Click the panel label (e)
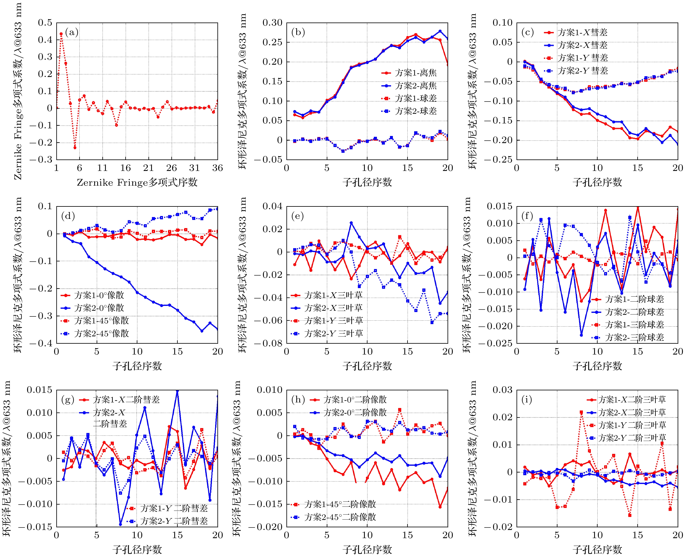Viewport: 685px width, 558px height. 297,216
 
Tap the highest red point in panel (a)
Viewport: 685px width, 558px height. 61,34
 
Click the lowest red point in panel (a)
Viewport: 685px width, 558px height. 75,148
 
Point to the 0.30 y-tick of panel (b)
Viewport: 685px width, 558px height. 272,23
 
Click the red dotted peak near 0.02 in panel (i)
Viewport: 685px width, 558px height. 581,412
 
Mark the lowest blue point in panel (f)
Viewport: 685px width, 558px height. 581,335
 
